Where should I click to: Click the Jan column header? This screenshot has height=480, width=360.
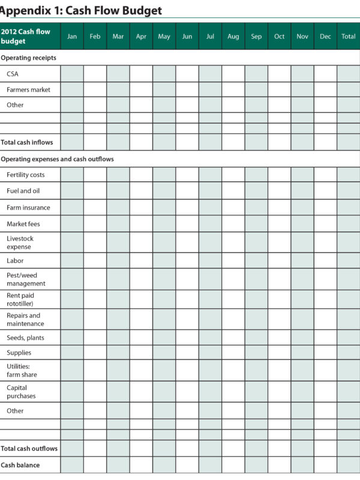pyautogui.click(x=72, y=37)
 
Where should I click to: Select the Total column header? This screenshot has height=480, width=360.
pyautogui.click(x=348, y=37)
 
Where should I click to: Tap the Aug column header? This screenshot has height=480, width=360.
pyautogui.click(x=233, y=37)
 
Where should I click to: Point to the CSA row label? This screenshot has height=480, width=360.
pyautogui.click(x=13, y=74)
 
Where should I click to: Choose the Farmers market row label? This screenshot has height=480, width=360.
pyautogui.click(x=28, y=89)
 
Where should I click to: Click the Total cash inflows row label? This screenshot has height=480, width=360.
pyautogui.click(x=27, y=142)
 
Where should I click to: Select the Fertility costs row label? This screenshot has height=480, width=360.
pyautogui.click(x=25, y=175)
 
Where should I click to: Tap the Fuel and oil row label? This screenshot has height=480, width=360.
pyautogui.click(x=23, y=191)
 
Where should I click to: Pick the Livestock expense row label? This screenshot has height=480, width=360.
pyautogui.click(x=20, y=242)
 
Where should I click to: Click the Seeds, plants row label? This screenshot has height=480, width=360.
pyautogui.click(x=25, y=337)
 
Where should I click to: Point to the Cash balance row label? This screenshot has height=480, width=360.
pyautogui.click(x=20, y=464)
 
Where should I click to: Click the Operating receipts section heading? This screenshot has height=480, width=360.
pyautogui.click(x=29, y=58)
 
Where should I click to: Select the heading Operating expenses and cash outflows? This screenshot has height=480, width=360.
pyautogui.click(x=57, y=159)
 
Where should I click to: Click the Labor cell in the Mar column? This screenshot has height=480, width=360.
pyautogui.click(x=118, y=261)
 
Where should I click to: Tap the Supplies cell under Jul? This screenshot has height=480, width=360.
pyautogui.click(x=210, y=353)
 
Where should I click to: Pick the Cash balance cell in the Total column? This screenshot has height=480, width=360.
pyautogui.click(x=348, y=464)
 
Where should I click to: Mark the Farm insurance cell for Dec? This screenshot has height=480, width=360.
pyautogui.click(x=325, y=208)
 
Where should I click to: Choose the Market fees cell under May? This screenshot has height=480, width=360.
pyautogui.click(x=164, y=224)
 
